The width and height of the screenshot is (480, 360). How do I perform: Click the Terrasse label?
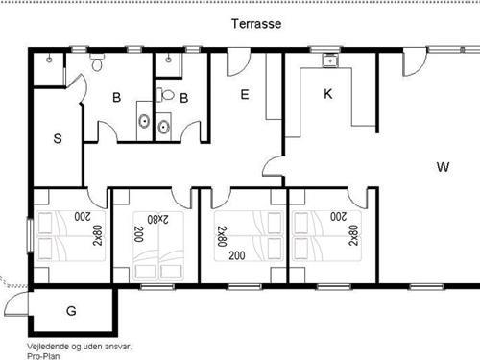click(x=256, y=24)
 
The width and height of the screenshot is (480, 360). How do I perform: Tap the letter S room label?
click(x=58, y=139)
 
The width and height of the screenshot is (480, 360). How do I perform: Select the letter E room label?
click(x=245, y=95)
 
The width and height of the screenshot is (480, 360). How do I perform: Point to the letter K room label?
click(x=328, y=94)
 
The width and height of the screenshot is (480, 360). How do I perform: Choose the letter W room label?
click(x=443, y=167)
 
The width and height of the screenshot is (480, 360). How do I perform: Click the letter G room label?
click(x=71, y=311)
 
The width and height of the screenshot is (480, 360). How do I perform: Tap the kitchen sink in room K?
click(x=329, y=60)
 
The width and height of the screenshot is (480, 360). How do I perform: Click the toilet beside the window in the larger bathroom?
click(x=97, y=61)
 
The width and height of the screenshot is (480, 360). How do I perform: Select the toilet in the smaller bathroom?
click(x=165, y=95)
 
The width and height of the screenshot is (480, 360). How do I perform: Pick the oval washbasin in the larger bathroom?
click(x=144, y=121)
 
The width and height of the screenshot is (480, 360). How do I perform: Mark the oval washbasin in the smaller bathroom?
click(x=163, y=128)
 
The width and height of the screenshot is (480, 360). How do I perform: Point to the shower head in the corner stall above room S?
click(x=49, y=60)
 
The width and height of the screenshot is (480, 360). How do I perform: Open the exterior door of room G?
click(x=16, y=303)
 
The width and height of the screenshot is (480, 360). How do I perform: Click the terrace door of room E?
click(x=238, y=63)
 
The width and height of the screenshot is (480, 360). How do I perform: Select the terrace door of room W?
click(x=415, y=63)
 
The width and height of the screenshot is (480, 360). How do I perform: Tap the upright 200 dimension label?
click(x=237, y=255)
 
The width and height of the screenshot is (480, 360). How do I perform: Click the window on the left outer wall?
click(x=30, y=235)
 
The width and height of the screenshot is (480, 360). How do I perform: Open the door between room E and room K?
click(x=273, y=167)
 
